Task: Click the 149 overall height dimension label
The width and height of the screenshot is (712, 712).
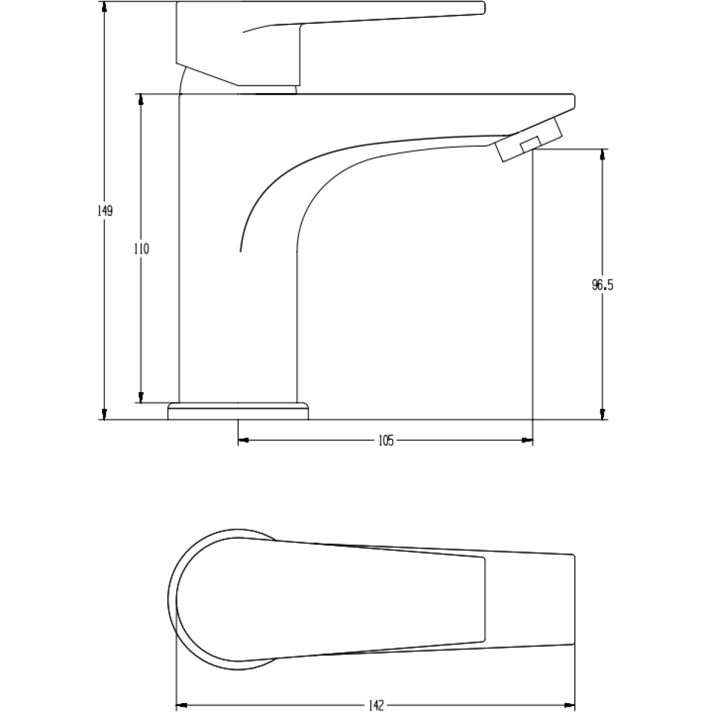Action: pyautogui.click(x=105, y=211)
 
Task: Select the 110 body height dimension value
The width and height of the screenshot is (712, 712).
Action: pyautogui.click(x=141, y=249)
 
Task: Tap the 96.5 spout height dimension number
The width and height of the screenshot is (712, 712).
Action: pyautogui.click(x=602, y=285)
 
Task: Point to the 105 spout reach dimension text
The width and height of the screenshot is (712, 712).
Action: pyautogui.click(x=386, y=440)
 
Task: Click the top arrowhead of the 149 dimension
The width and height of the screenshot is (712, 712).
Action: pyautogui.click(x=104, y=8)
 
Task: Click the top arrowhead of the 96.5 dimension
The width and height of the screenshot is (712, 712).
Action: pyautogui.click(x=603, y=155)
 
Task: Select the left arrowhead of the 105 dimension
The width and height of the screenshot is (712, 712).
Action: pyautogui.click(x=244, y=440)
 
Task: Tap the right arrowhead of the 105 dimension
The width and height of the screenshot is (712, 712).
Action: pyautogui.click(x=527, y=440)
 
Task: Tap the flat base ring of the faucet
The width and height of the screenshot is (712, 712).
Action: pyautogui.click(x=239, y=411)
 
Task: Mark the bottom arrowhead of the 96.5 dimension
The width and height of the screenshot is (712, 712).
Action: pyautogui.click(x=603, y=414)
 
